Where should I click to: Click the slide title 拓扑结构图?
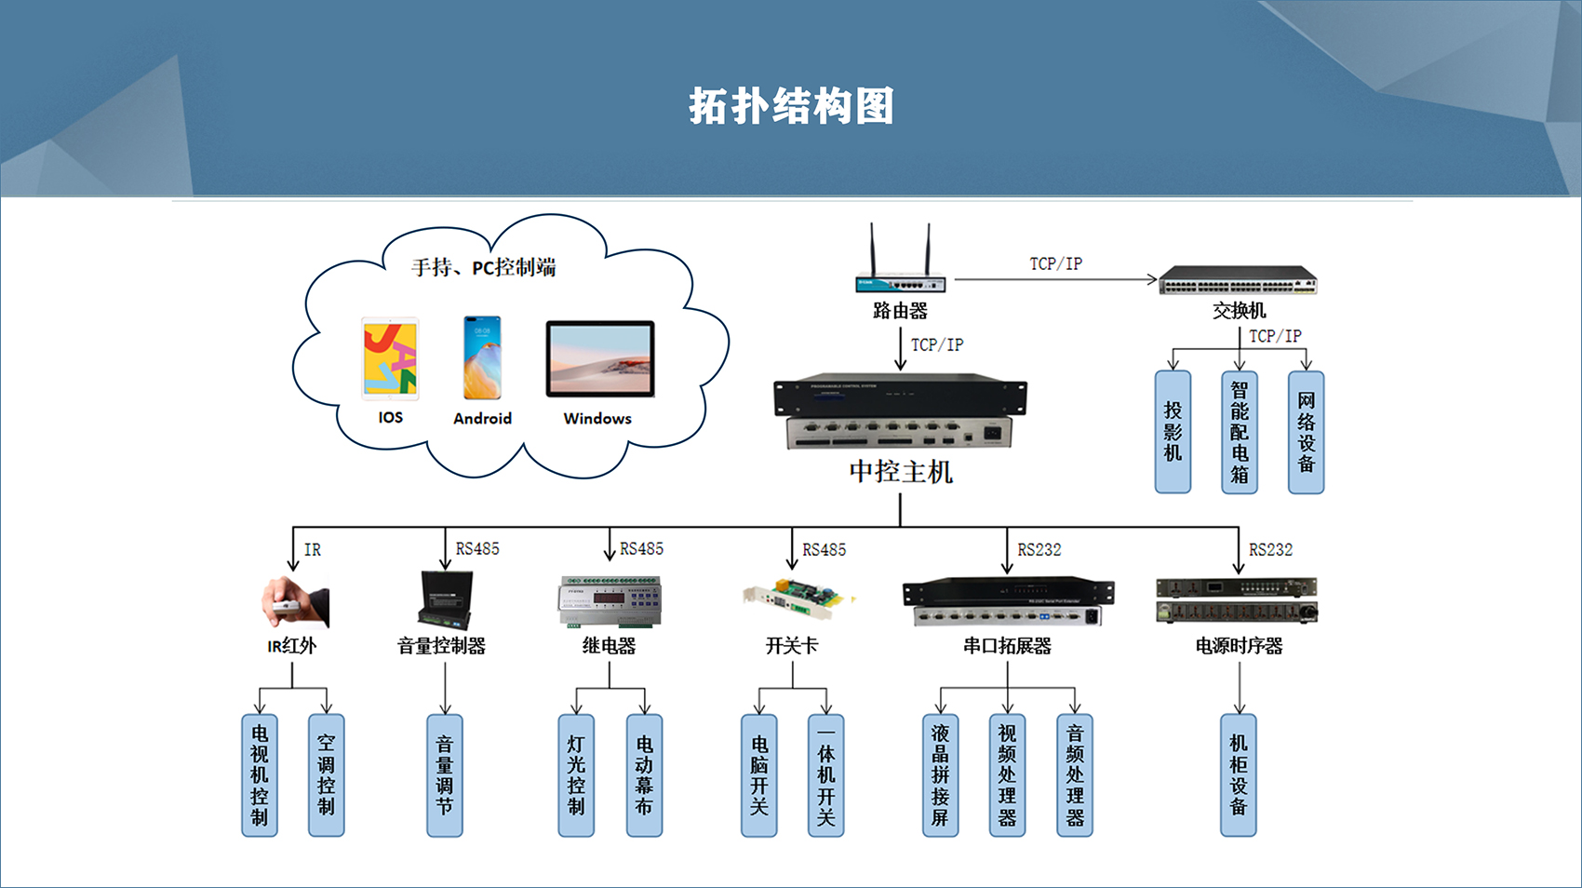click(791, 106)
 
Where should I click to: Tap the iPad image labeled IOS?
click(390, 358)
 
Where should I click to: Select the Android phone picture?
click(482, 357)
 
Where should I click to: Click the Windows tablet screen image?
click(599, 359)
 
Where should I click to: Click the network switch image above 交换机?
click(1238, 279)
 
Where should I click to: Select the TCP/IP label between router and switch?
click(1055, 263)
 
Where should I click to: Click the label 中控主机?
click(900, 472)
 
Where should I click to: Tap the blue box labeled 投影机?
click(1173, 432)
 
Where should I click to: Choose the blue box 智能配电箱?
click(1239, 432)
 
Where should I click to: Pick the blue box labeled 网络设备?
click(1306, 432)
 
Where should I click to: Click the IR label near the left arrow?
click(313, 550)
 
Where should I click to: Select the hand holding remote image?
click(295, 602)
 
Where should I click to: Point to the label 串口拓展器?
click(1007, 646)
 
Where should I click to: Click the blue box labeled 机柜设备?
click(1238, 775)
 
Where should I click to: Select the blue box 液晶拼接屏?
click(940, 775)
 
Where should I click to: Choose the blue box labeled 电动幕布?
click(644, 775)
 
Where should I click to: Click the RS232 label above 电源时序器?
click(1270, 550)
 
